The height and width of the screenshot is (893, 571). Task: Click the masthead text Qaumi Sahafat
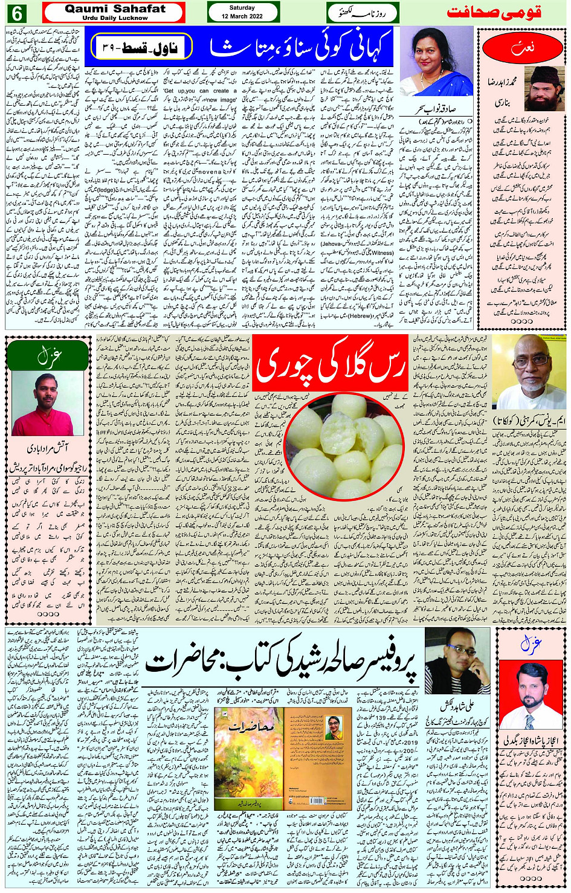(115, 9)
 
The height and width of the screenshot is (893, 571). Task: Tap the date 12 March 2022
(242, 16)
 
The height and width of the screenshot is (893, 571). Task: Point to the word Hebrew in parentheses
(361, 315)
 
